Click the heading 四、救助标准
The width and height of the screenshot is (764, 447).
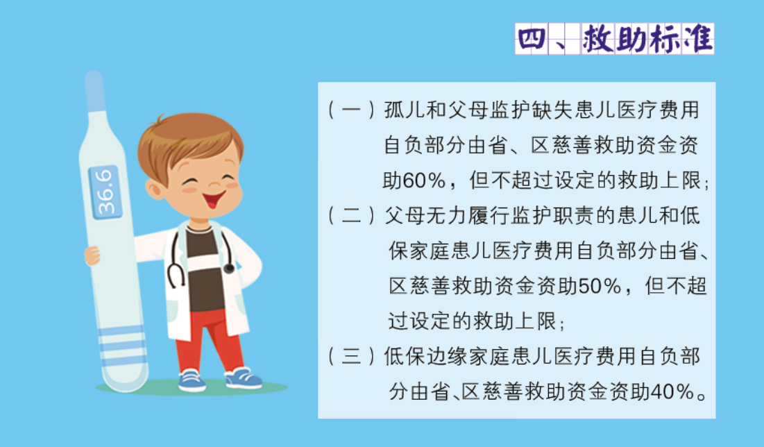coord(614,38)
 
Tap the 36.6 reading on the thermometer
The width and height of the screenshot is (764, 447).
coord(105,192)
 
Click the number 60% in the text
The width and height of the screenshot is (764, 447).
coord(424,181)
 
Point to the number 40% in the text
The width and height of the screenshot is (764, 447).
coord(672,391)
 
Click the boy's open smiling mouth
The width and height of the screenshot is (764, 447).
coord(214,199)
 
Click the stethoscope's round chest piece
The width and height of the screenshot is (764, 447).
coord(228,268)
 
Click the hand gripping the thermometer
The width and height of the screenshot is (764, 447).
coord(92,255)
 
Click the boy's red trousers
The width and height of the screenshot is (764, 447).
coord(209,341)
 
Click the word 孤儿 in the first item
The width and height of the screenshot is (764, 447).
coord(405,110)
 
